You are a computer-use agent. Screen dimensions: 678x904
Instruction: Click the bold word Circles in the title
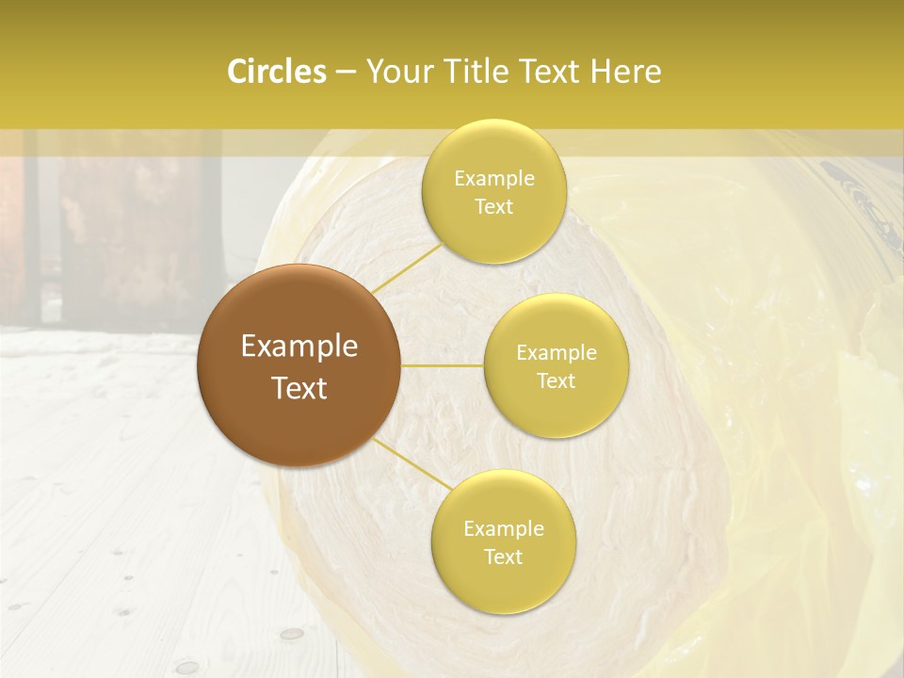point(277,72)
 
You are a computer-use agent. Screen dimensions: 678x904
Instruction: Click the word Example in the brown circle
point(299,347)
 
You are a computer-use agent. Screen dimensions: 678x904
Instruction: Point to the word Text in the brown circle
point(299,388)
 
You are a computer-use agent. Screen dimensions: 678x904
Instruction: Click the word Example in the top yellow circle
point(494,178)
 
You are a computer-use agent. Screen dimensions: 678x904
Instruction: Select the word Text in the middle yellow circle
point(556,381)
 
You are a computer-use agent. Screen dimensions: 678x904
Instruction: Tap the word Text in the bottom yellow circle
point(503,557)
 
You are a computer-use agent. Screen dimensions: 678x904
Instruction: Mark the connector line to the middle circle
point(443,365)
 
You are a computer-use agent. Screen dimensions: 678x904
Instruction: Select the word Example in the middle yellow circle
point(557,353)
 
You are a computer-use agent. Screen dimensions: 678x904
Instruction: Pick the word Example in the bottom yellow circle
point(504,529)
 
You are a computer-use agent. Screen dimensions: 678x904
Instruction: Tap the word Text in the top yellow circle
point(493,206)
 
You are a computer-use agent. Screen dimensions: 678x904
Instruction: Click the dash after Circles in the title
point(346,73)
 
